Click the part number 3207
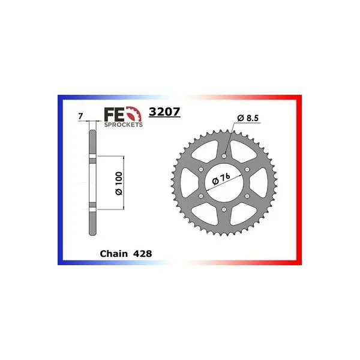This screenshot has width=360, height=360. pos(164,112)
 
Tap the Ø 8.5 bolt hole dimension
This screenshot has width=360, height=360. pos(248,118)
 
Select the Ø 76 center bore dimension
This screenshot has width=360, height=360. pos(221,179)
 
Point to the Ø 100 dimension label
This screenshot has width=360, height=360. pos(119,183)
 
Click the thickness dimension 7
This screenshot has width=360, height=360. pos(80,116)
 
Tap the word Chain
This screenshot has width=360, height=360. pos(113,254)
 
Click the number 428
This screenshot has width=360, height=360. pos(142,254)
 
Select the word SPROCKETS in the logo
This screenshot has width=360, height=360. pos(123,125)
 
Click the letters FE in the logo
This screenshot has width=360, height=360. pos(115,115)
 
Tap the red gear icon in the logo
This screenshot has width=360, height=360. pos(134,113)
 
